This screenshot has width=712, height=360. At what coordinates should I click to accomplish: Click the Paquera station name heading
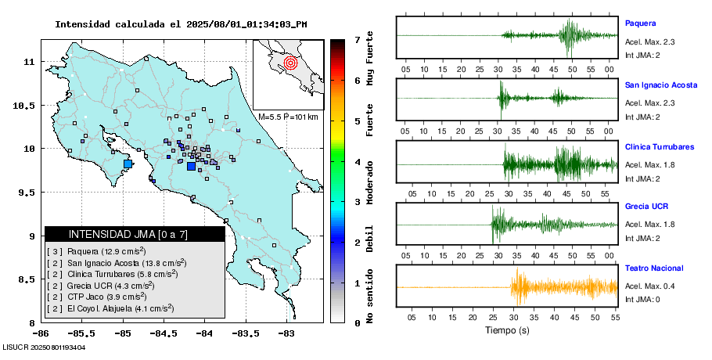click(x=640, y=23)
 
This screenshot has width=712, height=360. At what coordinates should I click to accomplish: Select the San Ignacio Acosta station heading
click(x=661, y=85)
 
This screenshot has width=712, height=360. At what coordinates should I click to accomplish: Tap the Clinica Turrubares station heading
click(x=660, y=147)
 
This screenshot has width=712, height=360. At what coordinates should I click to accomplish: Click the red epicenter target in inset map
click(x=290, y=62)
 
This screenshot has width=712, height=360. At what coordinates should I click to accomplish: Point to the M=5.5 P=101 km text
click(x=288, y=117)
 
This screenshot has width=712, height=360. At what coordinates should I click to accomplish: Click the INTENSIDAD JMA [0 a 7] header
click(x=135, y=234)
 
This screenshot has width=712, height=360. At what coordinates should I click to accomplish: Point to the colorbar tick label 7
click(x=357, y=39)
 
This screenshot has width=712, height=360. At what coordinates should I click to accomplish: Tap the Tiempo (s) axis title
click(x=506, y=330)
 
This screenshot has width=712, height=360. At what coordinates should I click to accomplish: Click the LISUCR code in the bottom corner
click(x=44, y=347)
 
